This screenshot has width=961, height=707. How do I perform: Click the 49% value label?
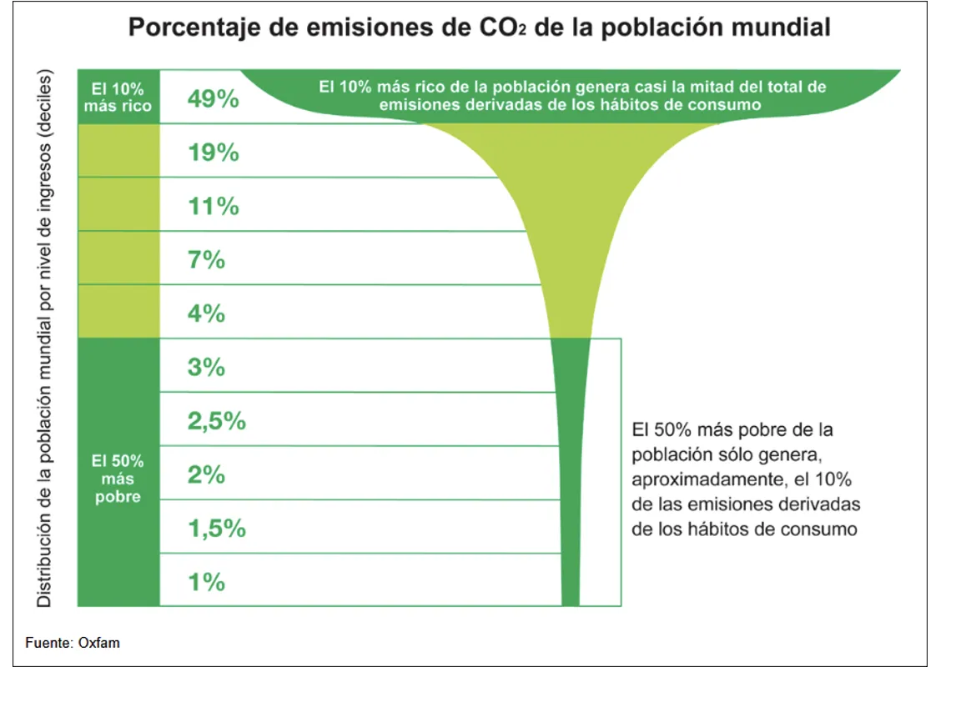(214, 99)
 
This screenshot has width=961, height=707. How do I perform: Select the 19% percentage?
(214, 153)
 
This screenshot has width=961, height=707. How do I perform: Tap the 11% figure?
(214, 206)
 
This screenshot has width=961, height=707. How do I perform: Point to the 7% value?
(206, 259)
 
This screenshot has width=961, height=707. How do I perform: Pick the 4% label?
(206, 313)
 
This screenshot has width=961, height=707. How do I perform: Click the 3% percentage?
(206, 367)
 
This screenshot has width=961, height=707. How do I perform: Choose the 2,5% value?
(217, 421)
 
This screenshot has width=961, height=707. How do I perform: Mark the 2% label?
(206, 474)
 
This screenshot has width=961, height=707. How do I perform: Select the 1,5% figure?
(217, 529)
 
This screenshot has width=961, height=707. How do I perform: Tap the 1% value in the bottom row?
(206, 582)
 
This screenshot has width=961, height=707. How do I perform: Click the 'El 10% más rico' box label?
(118, 97)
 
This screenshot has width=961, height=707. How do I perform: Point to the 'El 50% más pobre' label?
(118, 479)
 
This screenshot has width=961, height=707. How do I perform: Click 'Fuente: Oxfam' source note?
(73, 643)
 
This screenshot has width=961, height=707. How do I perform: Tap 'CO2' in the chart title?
(497, 28)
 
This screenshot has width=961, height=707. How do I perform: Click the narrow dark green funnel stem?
(571, 467)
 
